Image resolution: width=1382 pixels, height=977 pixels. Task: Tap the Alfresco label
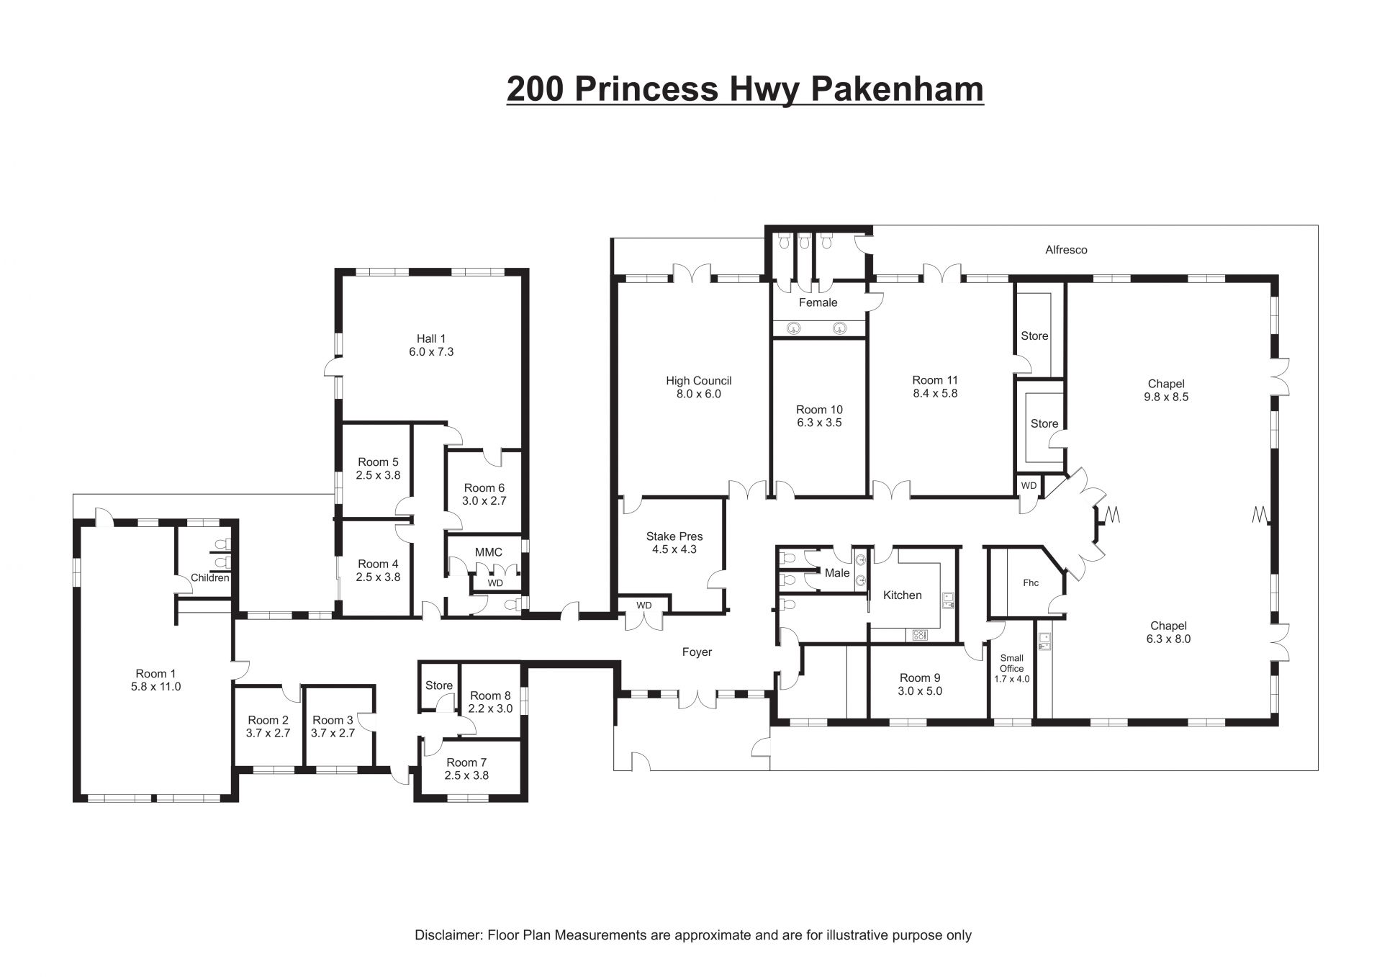1066,250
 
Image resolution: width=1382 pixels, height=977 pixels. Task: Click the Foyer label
697,652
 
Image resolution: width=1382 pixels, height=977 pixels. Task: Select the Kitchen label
902,595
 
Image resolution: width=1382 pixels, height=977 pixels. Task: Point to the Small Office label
1011,663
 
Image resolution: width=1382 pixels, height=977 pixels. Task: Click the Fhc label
1031,583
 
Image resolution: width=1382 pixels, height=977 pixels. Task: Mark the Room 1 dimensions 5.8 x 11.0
156,687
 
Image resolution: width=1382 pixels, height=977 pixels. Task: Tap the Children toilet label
210,577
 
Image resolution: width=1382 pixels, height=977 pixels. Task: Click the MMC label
488,552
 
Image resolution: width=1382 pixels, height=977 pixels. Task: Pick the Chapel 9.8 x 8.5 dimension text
1166,397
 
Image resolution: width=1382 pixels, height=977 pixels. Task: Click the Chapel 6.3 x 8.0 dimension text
1168,639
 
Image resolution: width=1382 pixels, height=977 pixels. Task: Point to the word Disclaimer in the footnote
448,935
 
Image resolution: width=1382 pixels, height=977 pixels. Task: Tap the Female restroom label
818,302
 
